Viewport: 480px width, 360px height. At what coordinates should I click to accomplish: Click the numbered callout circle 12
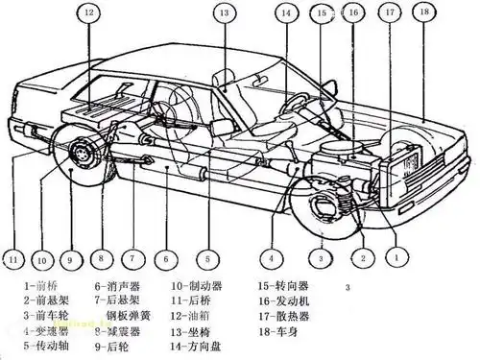tap(87, 13)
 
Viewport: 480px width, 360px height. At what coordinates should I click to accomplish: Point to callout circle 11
tap(12, 258)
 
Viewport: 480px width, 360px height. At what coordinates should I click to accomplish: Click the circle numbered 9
tap(69, 258)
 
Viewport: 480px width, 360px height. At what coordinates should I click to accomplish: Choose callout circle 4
tap(273, 256)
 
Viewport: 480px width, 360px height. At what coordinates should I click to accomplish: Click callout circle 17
tap(388, 12)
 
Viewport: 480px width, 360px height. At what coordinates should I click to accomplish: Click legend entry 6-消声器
tap(119, 286)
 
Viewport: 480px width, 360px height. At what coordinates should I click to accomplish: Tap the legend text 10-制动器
tap(197, 286)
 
